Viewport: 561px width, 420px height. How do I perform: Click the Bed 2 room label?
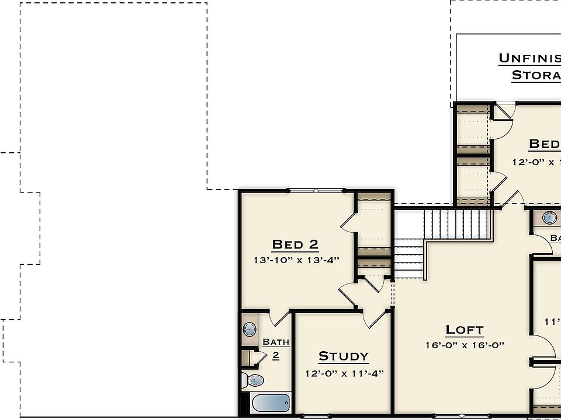click(x=295, y=244)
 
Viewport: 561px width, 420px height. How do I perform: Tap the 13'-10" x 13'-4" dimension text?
click(x=296, y=260)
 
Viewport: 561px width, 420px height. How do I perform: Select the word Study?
click(x=343, y=356)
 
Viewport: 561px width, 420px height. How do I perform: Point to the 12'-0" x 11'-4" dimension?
click(x=344, y=373)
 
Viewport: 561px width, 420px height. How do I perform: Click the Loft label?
click(x=465, y=330)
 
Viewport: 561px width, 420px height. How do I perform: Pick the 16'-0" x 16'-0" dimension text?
click(x=465, y=345)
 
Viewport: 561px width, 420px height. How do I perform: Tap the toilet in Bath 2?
click(x=253, y=380)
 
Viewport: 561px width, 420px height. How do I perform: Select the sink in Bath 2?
click(x=250, y=330)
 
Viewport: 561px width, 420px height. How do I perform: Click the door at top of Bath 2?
click(x=279, y=318)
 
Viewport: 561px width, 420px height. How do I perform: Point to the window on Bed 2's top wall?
click(x=316, y=191)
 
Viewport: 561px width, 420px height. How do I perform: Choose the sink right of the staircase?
click(x=549, y=218)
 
